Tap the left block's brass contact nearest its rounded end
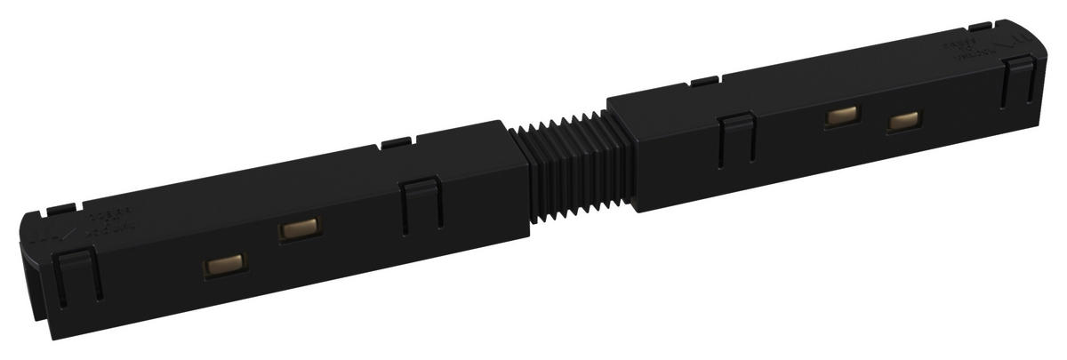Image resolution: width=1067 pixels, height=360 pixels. pyautogui.click(x=222, y=266)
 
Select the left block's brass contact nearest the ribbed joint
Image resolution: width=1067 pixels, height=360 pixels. pyautogui.click(x=298, y=230)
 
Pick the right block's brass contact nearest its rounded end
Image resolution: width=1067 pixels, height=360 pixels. pyautogui.click(x=903, y=121)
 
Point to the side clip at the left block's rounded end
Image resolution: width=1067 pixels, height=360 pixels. pyautogui.click(x=77, y=276)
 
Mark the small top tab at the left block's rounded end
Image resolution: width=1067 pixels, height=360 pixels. pyautogui.click(x=56, y=208)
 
